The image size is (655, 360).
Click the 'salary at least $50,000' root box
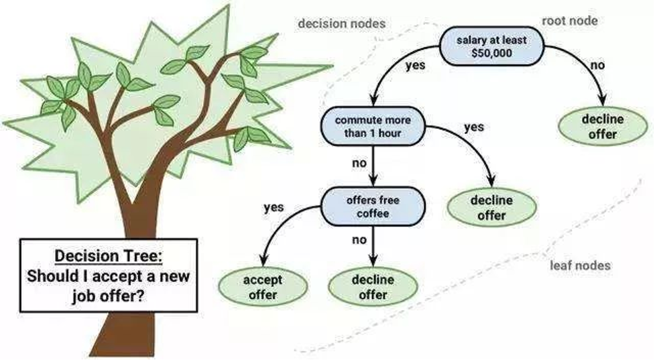click(491, 46)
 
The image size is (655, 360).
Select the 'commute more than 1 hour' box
click(373, 126)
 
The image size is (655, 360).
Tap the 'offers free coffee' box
click(373, 206)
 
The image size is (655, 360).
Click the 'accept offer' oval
click(263, 287)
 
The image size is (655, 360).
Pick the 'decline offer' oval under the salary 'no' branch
click(602, 126)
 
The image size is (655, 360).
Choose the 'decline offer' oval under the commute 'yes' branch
click(491, 207)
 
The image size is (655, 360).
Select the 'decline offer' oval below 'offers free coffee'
click(373, 287)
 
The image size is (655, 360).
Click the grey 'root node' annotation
click(570, 21)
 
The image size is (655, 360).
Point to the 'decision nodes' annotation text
click(342, 23)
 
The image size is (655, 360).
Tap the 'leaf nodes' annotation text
click(580, 265)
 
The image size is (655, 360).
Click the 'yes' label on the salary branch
click(415, 65)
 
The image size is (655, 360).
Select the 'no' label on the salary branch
click(597, 65)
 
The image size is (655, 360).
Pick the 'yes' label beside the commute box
click(474, 127)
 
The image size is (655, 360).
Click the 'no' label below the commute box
click(359, 163)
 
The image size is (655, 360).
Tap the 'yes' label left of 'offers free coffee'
click(274, 207)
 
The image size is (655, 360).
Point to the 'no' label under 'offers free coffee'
click(359, 240)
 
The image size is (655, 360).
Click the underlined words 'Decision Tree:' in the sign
click(108, 255)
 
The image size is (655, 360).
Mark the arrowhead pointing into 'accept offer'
click(263, 261)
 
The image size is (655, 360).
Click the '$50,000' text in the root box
click(491, 53)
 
